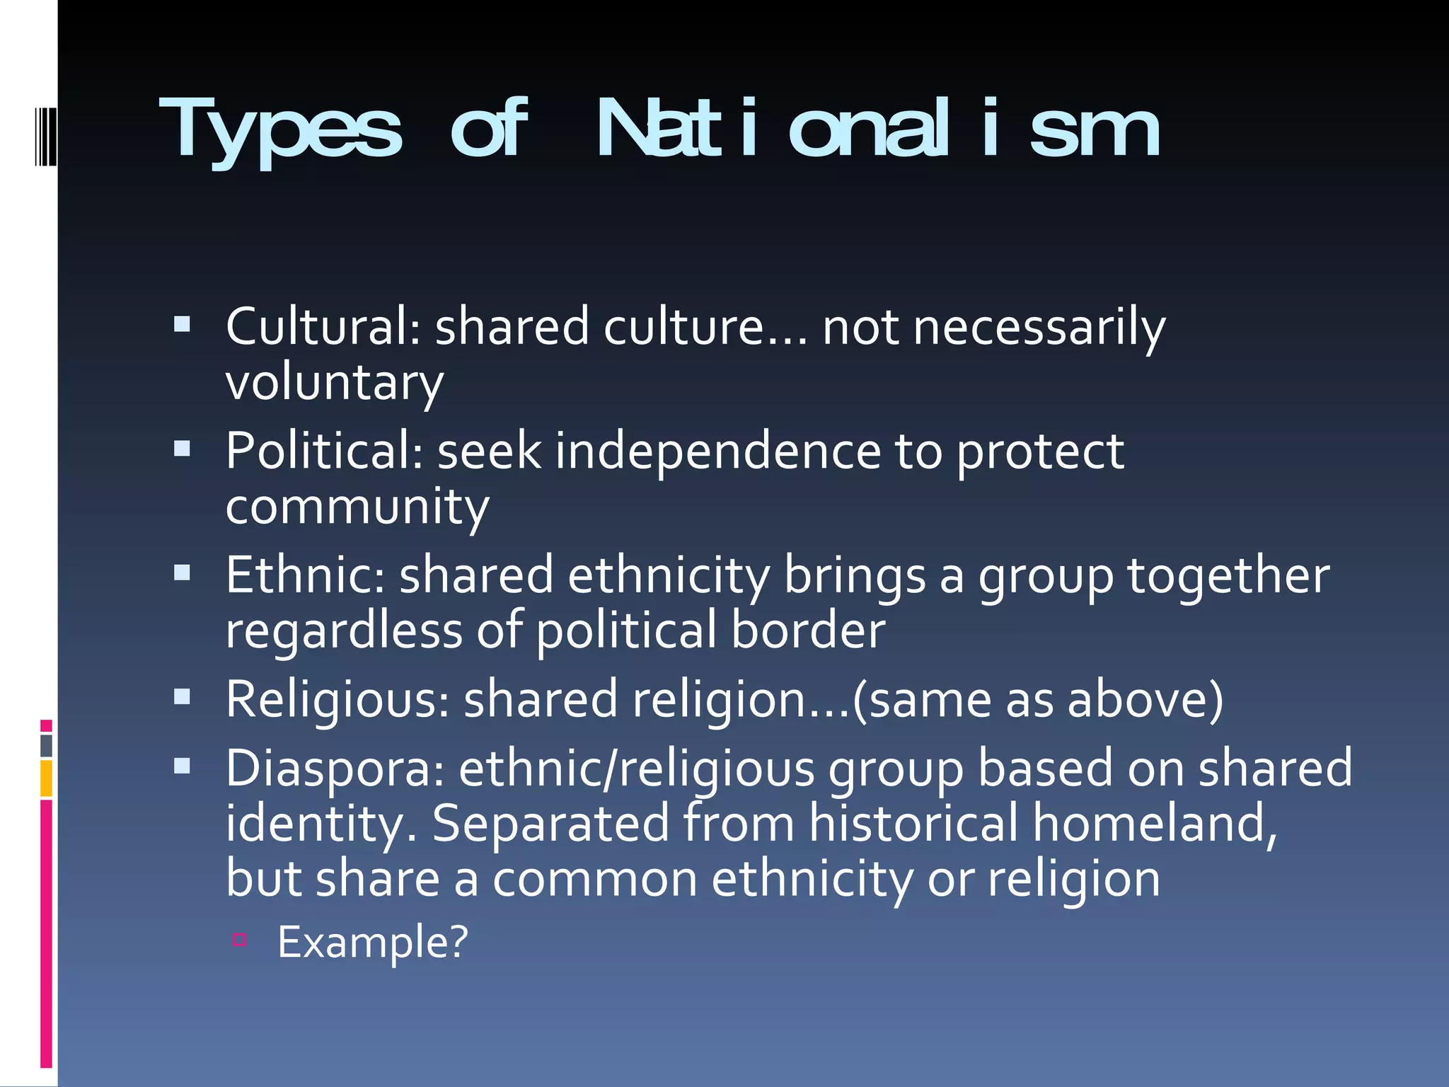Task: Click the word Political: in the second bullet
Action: [x=324, y=451]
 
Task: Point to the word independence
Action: [x=717, y=451]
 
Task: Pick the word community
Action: [x=357, y=507]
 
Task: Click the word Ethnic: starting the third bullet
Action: [x=305, y=575]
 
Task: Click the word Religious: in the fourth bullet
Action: [x=337, y=699]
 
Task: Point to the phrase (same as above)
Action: [x=1038, y=699]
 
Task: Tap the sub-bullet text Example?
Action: [x=373, y=942]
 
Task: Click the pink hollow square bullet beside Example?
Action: [x=239, y=940]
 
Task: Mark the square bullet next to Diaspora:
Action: [x=182, y=766]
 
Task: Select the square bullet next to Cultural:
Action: [x=182, y=324]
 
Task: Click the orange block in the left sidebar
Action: [x=46, y=778]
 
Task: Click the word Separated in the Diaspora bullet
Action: [x=549, y=823]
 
